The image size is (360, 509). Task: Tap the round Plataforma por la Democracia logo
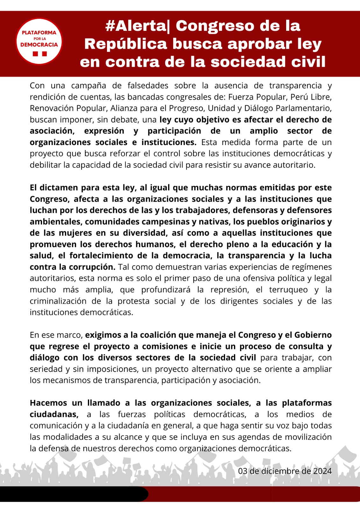tap(39, 41)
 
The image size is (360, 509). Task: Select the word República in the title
tap(126, 44)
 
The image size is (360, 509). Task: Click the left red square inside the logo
tap(35, 54)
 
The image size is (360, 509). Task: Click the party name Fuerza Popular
tap(257, 97)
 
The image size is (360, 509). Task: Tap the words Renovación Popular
tap(68, 108)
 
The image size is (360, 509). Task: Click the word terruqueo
tap(288, 289)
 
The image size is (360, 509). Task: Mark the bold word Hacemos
tap(49, 403)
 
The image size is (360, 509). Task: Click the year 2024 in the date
tap(322, 471)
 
